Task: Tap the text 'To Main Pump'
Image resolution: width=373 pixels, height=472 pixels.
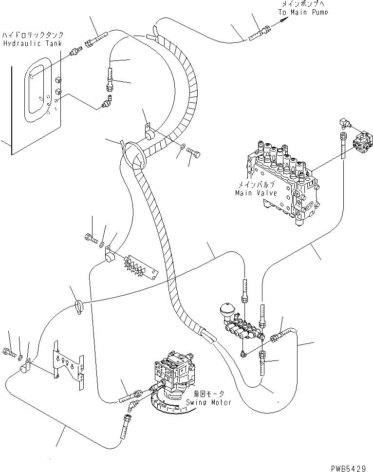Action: coord(303,12)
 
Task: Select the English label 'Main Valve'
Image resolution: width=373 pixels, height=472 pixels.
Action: coord(255,192)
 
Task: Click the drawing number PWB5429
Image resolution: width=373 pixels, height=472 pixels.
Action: coord(349,467)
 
